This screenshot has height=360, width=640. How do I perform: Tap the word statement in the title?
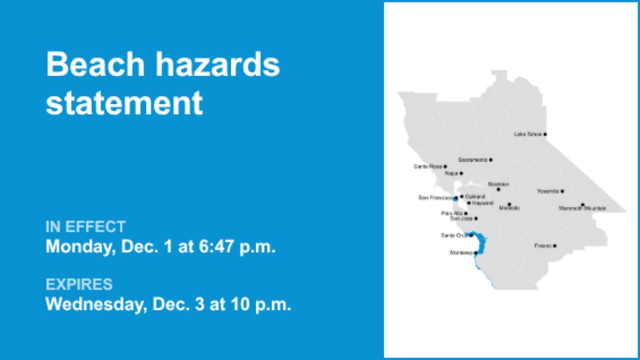pyautogui.click(x=124, y=103)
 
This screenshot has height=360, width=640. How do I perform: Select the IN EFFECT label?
pyautogui.click(x=86, y=227)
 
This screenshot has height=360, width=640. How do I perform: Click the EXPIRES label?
pyautogui.click(x=79, y=284)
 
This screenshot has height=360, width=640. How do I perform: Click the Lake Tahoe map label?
pyautogui.click(x=527, y=134)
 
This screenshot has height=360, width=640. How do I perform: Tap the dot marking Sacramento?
pyautogui.click(x=490, y=160)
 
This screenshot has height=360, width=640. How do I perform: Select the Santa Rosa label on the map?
pyautogui.click(x=428, y=166)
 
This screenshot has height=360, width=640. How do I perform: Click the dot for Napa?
pyautogui.click(x=461, y=173)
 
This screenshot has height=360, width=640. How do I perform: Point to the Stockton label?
pyautogui.click(x=498, y=184)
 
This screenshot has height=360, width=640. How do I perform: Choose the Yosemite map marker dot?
pyautogui.click(x=562, y=191)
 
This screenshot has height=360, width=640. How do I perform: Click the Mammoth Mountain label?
pyautogui.click(x=582, y=209)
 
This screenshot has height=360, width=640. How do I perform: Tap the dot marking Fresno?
pyautogui.click(x=554, y=246)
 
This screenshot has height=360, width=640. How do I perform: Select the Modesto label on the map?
pyautogui.click(x=509, y=208)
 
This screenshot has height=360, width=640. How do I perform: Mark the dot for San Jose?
pyautogui.click(x=476, y=219)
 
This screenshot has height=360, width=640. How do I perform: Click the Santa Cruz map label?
pyautogui.click(x=454, y=235)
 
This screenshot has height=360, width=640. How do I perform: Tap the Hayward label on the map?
pyautogui.click(x=483, y=203)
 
